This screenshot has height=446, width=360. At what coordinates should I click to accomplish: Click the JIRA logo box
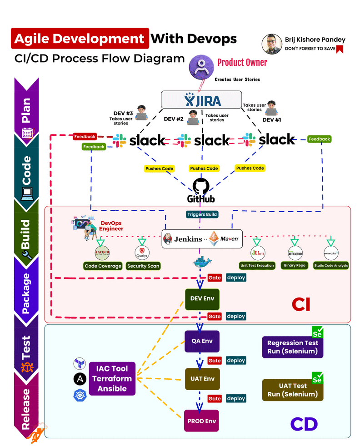pyautogui.click(x=201, y=99)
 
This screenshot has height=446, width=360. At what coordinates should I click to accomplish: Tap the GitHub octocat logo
pyautogui.click(x=201, y=186)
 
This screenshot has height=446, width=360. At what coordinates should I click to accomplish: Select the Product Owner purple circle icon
pyautogui.click(x=201, y=66)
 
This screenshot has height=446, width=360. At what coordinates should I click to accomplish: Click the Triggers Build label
pyautogui.click(x=202, y=214)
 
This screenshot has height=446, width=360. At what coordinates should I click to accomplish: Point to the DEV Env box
pyautogui.click(x=202, y=299)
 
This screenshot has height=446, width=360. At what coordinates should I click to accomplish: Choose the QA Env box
pyautogui.click(x=202, y=341)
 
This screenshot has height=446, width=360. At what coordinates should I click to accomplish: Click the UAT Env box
pyautogui.click(x=202, y=379)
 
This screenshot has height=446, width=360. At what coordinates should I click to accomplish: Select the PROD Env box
pyautogui.click(x=202, y=421)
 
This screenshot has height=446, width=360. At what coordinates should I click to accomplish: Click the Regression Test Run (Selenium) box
pyautogui.click(x=292, y=347)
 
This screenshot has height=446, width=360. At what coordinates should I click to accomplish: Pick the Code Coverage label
pyautogui.click(x=103, y=266)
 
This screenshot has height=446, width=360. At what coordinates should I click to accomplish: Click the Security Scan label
pyautogui.click(x=144, y=266)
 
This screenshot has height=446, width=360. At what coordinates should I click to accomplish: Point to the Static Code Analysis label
pyautogui.click(x=331, y=265)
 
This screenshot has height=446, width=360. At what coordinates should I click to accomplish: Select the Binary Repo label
pyautogui.click(x=295, y=265)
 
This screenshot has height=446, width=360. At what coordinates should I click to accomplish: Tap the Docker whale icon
pyautogui.click(x=201, y=262)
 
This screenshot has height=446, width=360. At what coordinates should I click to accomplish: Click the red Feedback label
pyautogui.click(x=85, y=136)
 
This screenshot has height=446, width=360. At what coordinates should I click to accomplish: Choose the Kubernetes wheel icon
pyautogui.click(x=80, y=395)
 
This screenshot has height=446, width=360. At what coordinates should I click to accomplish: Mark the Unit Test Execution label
pyautogui.click(x=257, y=265)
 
